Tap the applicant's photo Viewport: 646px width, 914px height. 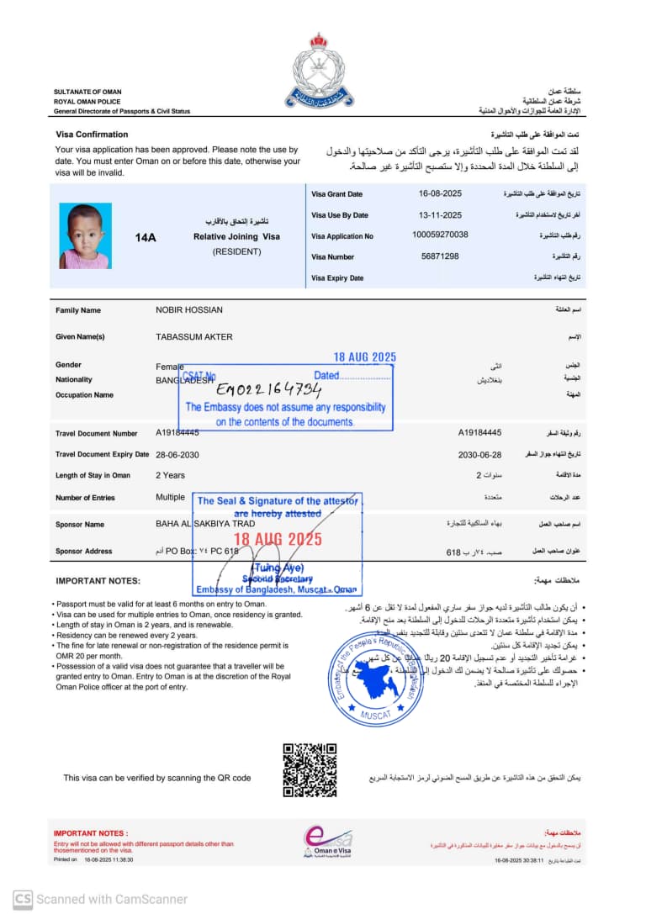point(85,236)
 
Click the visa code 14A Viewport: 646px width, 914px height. point(146,238)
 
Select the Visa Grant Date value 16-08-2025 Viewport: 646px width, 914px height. point(440,194)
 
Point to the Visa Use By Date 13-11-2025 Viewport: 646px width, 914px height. point(440,215)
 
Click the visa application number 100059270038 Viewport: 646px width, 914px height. point(440,235)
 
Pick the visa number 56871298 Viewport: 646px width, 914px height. point(440,256)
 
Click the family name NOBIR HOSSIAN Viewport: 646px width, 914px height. point(189,310)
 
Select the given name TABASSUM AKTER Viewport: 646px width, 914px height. point(194,337)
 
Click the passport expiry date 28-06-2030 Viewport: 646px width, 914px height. point(177,454)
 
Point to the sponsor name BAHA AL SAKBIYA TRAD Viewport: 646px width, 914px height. point(205,524)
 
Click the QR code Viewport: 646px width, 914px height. point(310,769)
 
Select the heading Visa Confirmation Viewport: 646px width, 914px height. point(92,135)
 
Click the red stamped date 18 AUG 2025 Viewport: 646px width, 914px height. point(278,539)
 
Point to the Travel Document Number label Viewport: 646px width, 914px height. point(96,434)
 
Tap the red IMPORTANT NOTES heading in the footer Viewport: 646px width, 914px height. point(91,833)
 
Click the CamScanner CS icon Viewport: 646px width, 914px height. point(23,899)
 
